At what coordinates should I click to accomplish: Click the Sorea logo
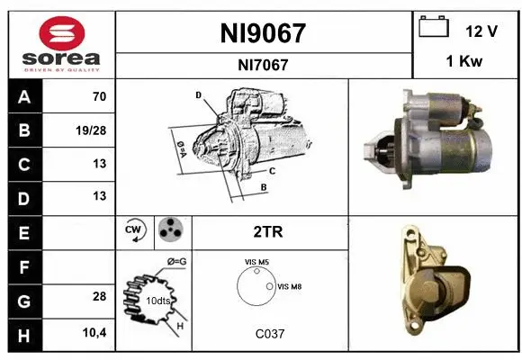(61, 45)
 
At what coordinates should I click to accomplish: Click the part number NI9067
(264, 33)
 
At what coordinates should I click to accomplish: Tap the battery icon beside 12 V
(434, 28)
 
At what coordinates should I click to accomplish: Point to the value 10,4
(94, 333)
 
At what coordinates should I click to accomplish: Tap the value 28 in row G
(99, 296)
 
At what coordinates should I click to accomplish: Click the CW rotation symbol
(133, 230)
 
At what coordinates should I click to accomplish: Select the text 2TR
(269, 231)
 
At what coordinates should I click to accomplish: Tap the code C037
(269, 333)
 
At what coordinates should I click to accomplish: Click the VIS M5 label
(256, 262)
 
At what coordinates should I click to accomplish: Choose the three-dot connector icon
(169, 230)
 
